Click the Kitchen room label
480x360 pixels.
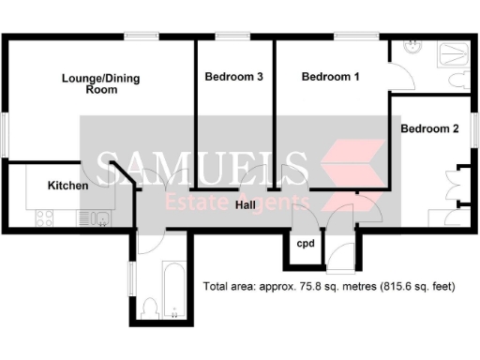pyautogui.click(x=67, y=186)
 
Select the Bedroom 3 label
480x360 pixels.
pyautogui.click(x=233, y=79)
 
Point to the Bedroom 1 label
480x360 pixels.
pyautogui.click(x=330, y=79)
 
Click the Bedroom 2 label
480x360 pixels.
pyautogui.click(x=428, y=128)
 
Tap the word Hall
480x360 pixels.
pyautogui.click(x=247, y=204)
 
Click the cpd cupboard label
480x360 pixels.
pyautogui.click(x=306, y=245)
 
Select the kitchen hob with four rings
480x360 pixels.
pyautogui.click(x=45, y=218)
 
